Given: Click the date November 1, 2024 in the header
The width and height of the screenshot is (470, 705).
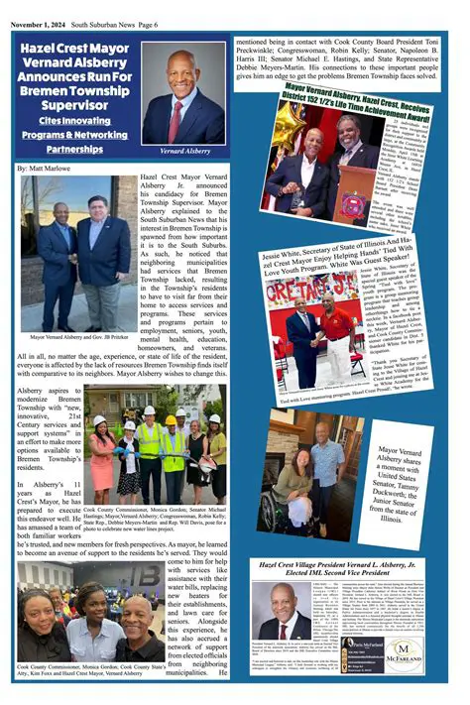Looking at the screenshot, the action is (x=44, y=8).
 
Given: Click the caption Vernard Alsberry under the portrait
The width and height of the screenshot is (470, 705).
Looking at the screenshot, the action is (x=182, y=153).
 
